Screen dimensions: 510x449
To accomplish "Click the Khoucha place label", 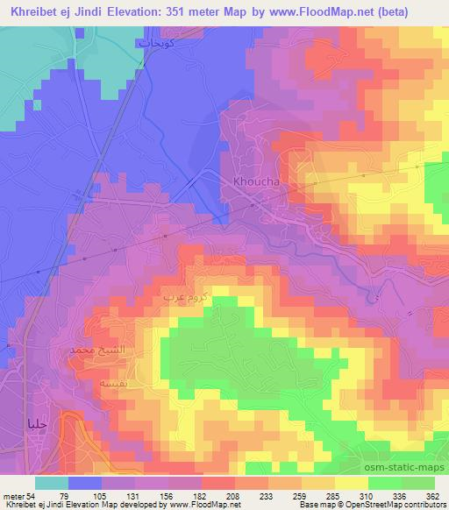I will coord(256,182).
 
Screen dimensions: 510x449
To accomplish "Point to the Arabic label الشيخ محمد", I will coord(93,350).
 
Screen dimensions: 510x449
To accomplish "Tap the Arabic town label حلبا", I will coord(37,423).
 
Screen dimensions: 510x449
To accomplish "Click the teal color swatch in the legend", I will coord(51,483).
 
